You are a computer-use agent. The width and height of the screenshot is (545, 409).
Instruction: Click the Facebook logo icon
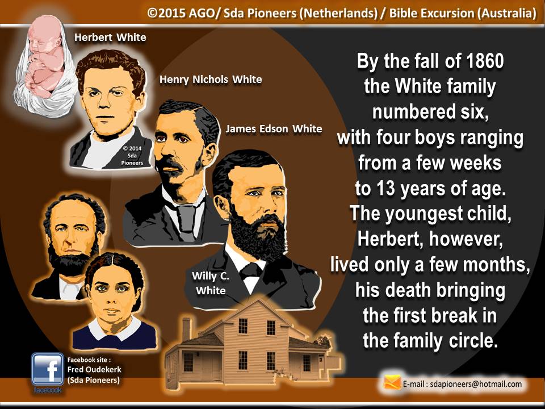pos(47,369)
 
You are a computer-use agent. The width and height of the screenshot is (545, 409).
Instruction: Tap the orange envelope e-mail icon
pos(392,382)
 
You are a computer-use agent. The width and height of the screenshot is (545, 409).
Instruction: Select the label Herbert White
pos(110,37)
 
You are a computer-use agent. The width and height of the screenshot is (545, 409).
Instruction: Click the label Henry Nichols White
pos(210,80)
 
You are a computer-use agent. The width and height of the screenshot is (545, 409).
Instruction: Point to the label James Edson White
pos(274,129)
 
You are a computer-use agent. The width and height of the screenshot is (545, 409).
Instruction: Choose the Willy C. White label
pos(211,283)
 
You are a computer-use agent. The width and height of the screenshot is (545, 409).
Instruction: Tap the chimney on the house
pos(187,329)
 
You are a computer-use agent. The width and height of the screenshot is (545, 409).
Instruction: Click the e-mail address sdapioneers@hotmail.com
pos(476,384)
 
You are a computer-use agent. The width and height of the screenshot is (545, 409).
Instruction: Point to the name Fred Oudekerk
pos(94,369)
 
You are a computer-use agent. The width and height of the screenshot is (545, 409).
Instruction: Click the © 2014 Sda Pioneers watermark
pos(132,156)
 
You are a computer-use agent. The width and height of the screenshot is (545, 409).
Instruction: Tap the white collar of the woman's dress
pos(115,329)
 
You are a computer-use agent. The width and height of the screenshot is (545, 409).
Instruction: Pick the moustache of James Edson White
pos(169,164)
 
